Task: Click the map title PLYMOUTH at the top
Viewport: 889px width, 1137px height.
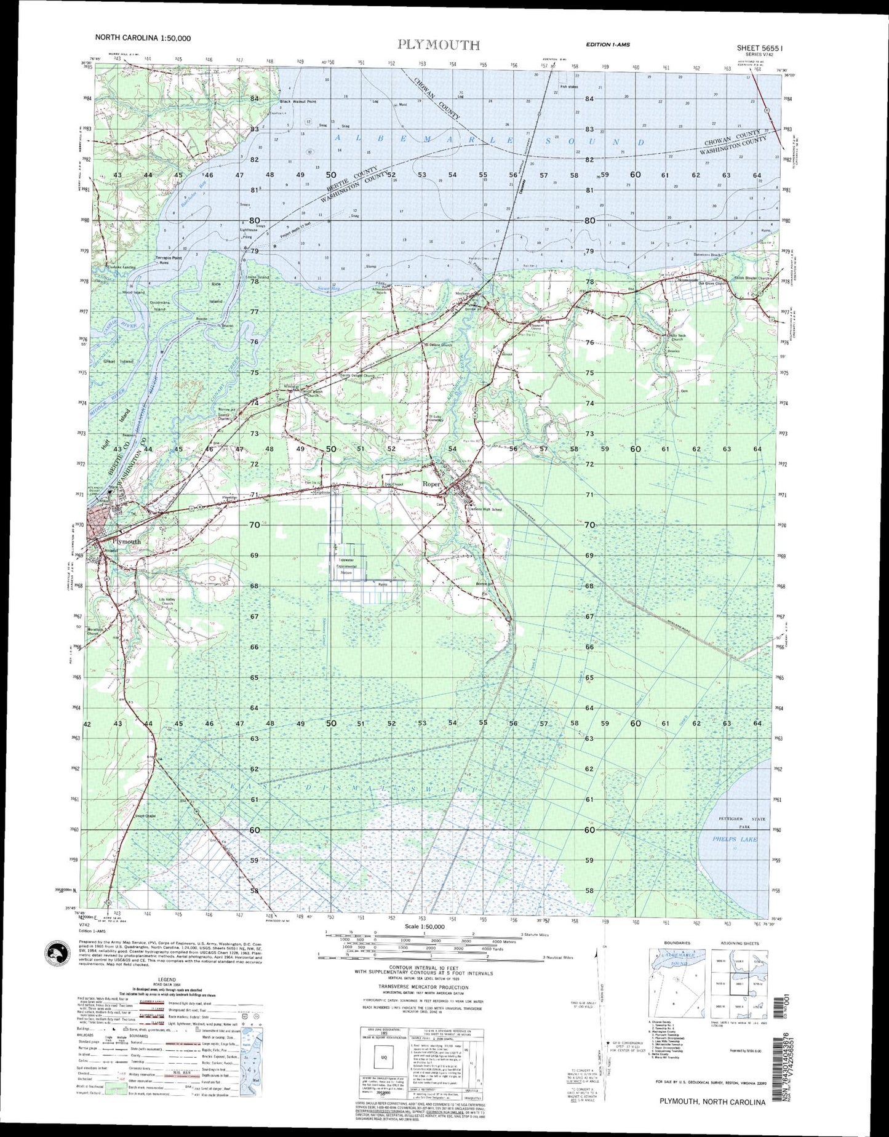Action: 438,44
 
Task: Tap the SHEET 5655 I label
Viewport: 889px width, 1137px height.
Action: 762,47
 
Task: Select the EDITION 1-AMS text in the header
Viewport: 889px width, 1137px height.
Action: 607,44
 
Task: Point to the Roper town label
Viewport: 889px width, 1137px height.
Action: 431,484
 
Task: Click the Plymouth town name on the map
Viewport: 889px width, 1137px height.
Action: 126,541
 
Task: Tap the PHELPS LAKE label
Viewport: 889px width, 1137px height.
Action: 735,839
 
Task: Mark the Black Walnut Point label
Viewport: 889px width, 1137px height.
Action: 298,102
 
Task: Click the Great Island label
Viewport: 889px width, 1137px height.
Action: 118,361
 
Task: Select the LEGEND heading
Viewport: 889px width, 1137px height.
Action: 166,979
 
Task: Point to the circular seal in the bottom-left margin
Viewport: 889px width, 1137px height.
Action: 60,956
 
